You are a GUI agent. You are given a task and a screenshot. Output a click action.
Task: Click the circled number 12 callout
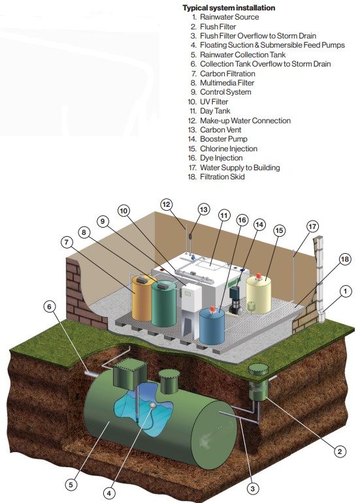pyautogui.click(x=166, y=204)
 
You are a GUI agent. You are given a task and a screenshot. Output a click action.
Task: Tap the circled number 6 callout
pyautogui.click(x=49, y=307)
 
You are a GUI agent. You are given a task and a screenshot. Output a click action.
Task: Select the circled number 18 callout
pyautogui.click(x=344, y=259)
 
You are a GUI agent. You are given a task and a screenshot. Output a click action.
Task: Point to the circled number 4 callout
pyautogui.click(x=109, y=493)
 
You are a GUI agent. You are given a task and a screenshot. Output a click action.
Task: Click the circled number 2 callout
pyautogui.click(x=340, y=451)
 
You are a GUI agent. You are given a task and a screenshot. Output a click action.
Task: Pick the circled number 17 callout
pyautogui.click(x=312, y=226)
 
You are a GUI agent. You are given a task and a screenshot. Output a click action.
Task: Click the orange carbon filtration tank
pyautogui.click(x=142, y=298)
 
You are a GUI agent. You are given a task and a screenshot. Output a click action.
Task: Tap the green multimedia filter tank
pyautogui.click(x=164, y=303)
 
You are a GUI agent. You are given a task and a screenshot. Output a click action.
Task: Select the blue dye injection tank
pyautogui.click(x=212, y=326)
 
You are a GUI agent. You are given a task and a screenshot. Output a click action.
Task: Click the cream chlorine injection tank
pyautogui.click(x=259, y=294)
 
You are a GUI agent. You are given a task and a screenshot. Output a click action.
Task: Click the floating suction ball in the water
pyautogui.click(x=153, y=406)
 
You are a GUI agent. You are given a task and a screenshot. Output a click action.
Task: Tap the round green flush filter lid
pyautogui.click(x=259, y=369)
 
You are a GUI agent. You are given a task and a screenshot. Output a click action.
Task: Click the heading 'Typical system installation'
pyautogui.click(x=229, y=8)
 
